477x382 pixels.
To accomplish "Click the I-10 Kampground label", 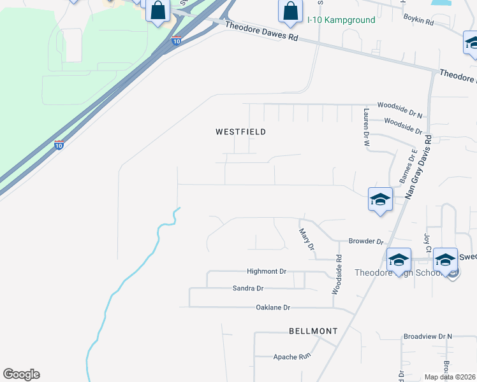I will (341, 20).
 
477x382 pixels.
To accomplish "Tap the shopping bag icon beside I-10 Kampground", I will (290, 11).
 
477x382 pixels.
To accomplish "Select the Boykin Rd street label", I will (418, 22).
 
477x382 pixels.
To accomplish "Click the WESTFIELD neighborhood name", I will (240, 132).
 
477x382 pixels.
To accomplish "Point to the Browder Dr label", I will (365, 242).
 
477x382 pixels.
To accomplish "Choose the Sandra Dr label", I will (248, 288).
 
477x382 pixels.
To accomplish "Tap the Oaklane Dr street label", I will (273, 308).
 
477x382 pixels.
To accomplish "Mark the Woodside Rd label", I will (336, 275).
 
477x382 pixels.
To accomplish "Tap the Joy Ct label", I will (427, 241).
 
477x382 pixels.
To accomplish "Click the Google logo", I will (21, 374).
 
